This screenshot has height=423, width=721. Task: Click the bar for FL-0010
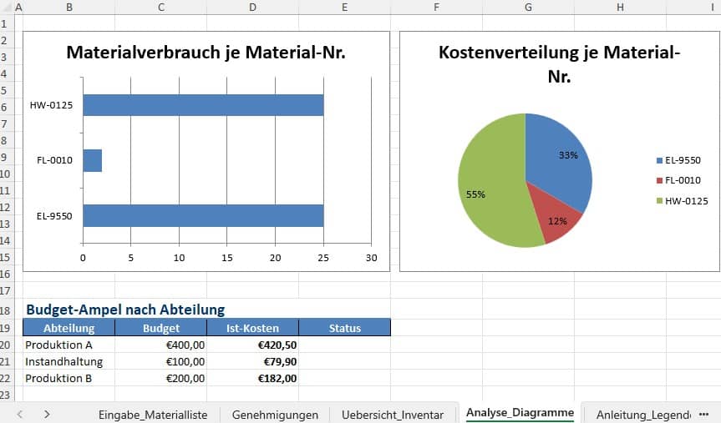92,160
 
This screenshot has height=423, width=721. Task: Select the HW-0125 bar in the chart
202,105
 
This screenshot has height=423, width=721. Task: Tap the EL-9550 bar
202,215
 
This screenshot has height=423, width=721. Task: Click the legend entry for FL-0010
682,180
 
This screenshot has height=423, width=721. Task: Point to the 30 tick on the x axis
372,258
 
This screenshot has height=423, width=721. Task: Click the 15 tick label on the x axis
226,258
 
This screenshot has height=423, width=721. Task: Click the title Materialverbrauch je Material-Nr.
206,53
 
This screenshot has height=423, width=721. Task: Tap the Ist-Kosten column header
252,328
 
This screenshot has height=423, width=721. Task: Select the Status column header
344,328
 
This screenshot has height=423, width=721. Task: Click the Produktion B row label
58,378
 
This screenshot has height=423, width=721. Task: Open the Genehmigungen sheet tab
275,414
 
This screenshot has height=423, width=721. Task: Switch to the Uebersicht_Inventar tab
393,414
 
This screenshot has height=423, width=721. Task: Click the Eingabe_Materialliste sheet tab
152,414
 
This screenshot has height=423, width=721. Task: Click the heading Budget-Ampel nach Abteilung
125,310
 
